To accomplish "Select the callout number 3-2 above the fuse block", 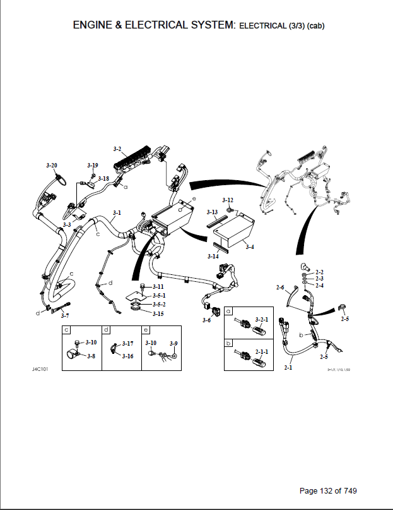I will tap(117, 149).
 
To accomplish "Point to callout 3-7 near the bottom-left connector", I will tap(65, 315).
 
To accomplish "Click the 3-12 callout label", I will tap(228, 200).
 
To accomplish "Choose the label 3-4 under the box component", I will tap(250, 246).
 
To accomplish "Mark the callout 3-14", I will tap(213, 257).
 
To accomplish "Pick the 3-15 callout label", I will tap(158, 313).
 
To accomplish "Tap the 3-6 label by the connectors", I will tap(207, 320).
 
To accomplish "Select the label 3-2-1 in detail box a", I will tap(261, 320).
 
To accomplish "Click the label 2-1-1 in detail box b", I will tap(261, 351).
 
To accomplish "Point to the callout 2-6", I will tap(281, 288).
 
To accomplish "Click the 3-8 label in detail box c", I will tap(91, 356).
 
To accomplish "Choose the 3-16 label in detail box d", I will tap(127, 356).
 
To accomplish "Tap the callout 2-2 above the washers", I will tap(319, 272).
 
